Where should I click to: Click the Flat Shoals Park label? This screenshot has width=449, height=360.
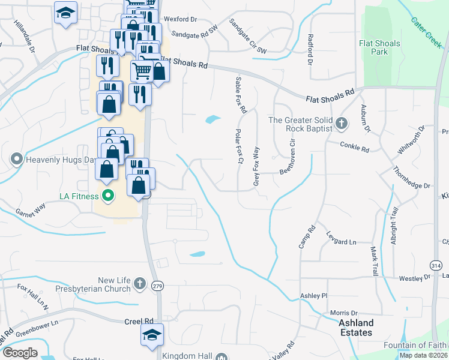(379, 47)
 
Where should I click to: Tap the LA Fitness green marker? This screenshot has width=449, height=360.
(108, 196)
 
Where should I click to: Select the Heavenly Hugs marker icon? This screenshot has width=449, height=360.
(16, 160)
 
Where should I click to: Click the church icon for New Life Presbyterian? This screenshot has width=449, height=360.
(139, 283)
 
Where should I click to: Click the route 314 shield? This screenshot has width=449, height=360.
(436, 264)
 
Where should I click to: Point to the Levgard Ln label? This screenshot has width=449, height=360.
(341, 241)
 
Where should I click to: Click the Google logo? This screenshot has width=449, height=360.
(20, 353)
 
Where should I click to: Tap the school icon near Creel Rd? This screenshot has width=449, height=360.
(152, 335)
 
